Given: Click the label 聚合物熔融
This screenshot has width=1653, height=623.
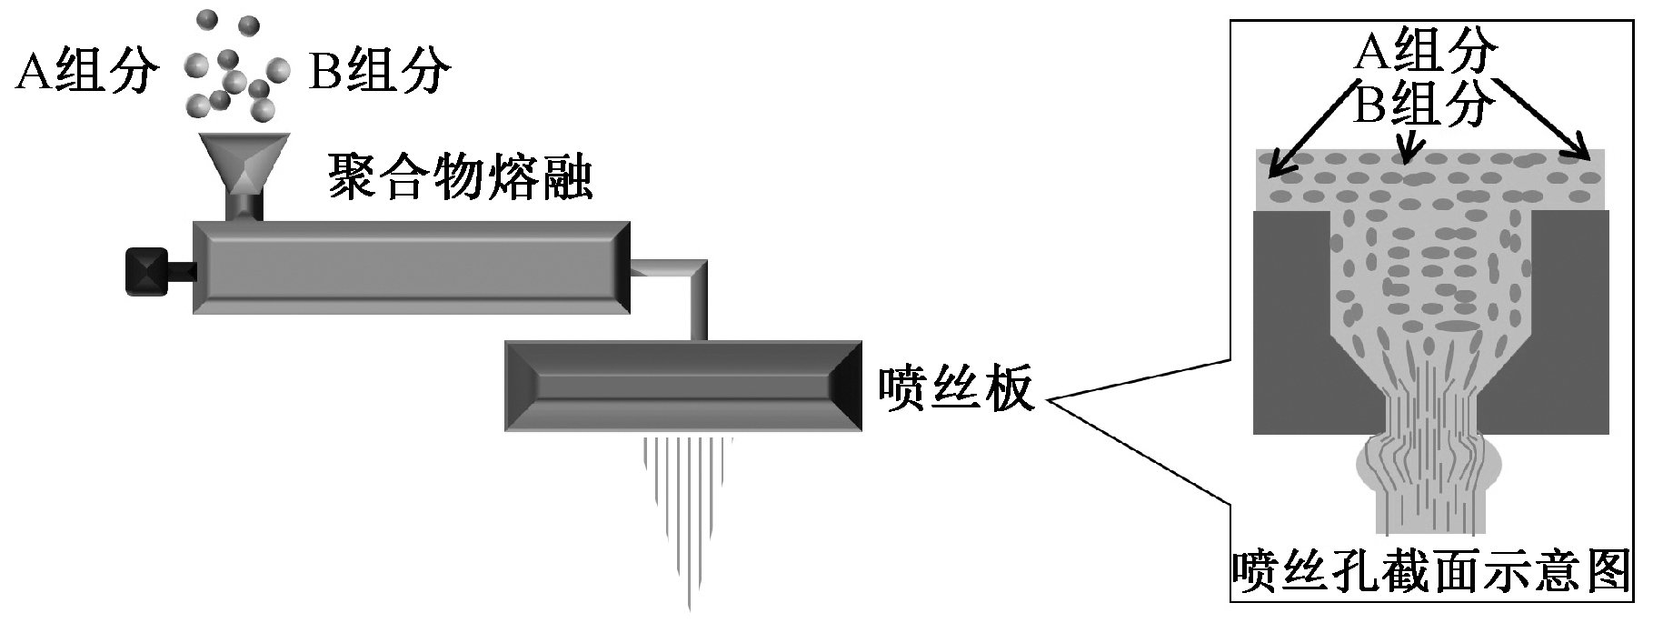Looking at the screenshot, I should tap(460, 176).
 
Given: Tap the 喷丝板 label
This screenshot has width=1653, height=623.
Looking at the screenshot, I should tap(956, 388).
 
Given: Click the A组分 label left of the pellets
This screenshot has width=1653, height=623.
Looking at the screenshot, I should tap(87, 71).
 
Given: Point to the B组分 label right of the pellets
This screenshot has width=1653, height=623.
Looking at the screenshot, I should tap(380, 71).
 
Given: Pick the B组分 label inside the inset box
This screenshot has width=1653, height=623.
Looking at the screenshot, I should tap(1423, 105).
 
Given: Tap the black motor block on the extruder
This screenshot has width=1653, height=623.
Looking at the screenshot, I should tap(147, 271).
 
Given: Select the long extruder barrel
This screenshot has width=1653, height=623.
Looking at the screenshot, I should tap(411, 267).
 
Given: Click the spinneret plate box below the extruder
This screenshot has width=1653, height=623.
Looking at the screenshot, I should tap(682, 386).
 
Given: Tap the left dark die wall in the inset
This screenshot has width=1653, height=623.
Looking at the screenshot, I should tap(1290, 318).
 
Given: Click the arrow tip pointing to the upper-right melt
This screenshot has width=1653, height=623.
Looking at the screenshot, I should tap(1587, 157).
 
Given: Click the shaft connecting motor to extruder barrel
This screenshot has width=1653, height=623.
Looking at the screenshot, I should tap(181, 270).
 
